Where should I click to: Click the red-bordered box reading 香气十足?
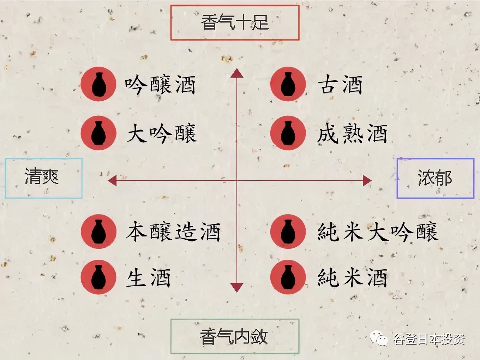tap(235, 23)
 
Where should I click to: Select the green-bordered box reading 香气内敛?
tap(235, 336)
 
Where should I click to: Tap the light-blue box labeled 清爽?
tap(43, 178)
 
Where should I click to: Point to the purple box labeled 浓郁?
tap(435, 178)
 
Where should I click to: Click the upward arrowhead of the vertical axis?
tap(237, 73)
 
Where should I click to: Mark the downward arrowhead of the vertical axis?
tap(237, 288)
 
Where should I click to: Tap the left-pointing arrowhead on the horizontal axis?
tap(112, 181)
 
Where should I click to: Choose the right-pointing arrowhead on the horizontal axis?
tap(367, 181)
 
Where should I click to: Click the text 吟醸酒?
tap(160, 85)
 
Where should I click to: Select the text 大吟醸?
tap(162, 134)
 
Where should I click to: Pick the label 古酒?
tap(340, 85)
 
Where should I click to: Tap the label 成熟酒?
tap(352, 134)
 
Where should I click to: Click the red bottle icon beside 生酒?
tap(98, 277)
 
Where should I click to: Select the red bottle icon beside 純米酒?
tap(288, 277)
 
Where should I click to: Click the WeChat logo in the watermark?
tap(379, 339)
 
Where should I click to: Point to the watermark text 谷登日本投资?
tap(429, 339)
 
